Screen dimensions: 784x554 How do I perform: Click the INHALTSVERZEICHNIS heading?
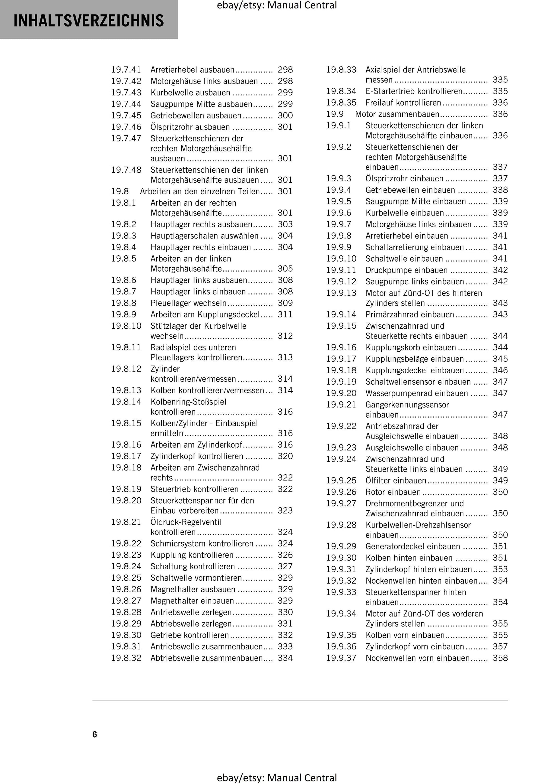click(89, 20)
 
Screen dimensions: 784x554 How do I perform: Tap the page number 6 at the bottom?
click(95, 734)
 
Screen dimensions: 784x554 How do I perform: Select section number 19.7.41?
click(126, 70)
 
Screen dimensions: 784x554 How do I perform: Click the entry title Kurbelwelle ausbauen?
click(190, 93)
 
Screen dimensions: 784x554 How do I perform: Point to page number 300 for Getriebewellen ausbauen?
click(285, 115)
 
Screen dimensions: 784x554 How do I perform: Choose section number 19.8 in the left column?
click(120, 191)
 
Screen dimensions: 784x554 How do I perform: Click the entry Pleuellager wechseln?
click(188, 303)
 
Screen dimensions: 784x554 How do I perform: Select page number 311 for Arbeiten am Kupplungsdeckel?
click(285, 314)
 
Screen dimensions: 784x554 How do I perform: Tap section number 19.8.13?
click(126, 390)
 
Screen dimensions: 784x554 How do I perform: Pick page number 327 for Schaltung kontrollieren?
click(285, 566)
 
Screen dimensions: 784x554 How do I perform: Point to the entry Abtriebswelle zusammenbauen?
click(206, 658)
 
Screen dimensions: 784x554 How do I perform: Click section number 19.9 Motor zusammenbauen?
click(335, 114)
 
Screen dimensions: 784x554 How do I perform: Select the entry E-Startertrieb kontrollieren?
click(414, 91)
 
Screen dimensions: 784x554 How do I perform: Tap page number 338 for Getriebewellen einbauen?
click(500, 190)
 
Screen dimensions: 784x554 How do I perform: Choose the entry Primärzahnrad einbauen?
click(410, 314)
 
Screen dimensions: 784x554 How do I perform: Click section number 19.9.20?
click(341, 393)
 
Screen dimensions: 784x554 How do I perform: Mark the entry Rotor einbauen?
click(393, 492)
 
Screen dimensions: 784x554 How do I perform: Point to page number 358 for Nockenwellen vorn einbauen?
click(500, 658)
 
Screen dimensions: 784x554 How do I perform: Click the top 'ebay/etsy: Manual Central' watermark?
click(277, 5)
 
